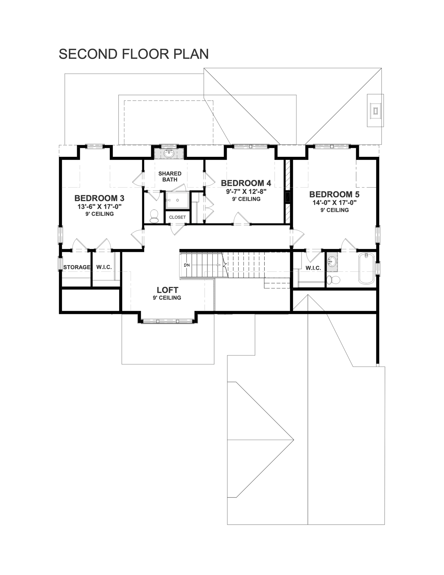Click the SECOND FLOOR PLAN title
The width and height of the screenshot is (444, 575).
point(134,54)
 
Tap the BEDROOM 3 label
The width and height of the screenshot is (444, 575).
point(99,198)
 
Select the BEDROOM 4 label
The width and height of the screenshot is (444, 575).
point(246,183)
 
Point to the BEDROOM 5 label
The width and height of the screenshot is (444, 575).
point(334,194)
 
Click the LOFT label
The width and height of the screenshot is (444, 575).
point(167,290)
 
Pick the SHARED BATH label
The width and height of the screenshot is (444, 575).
point(170,176)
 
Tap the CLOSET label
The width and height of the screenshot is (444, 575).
point(178,217)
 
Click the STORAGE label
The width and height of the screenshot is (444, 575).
point(77,267)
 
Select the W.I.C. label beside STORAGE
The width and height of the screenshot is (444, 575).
point(104,267)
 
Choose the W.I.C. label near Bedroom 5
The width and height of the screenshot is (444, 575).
point(313,268)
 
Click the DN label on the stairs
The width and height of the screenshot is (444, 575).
point(187,265)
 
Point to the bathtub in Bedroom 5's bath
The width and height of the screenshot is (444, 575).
point(366,268)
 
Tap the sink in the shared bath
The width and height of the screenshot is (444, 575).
point(169,153)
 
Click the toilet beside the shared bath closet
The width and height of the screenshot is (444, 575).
point(154,216)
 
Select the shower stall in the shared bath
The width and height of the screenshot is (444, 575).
point(178,200)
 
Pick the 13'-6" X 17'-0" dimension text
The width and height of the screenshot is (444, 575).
point(100,207)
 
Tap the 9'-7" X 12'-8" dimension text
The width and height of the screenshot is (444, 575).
point(246,192)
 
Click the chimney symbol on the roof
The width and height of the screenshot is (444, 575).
point(375,110)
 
